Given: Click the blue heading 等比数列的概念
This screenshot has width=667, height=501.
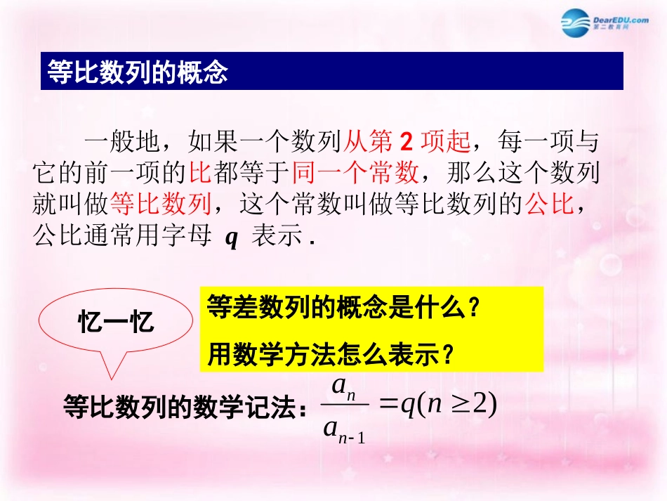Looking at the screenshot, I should pyautogui.click(x=137, y=72).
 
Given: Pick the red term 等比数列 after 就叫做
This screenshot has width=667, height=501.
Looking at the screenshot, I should pyautogui.click(x=161, y=204).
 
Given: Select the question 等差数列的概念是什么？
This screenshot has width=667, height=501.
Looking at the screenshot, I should pyautogui.click(x=343, y=307).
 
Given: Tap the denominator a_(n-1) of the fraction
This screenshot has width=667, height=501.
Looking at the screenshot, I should pyautogui.click(x=344, y=429).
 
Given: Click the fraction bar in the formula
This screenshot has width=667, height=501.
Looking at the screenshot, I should pyautogui.click(x=345, y=407).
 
